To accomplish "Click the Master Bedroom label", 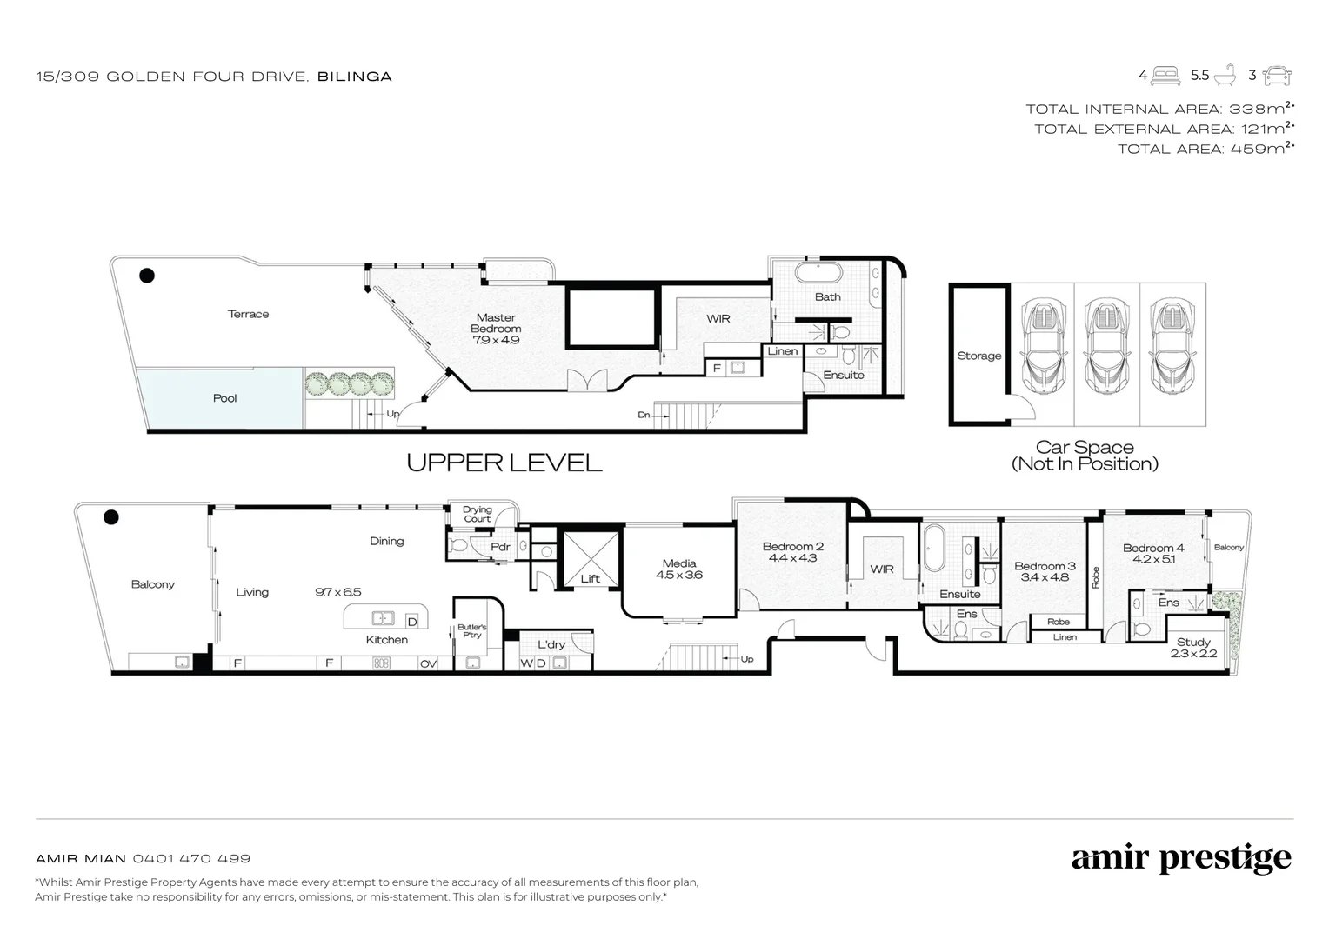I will click(x=496, y=323).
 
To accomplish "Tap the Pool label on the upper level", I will click(x=224, y=398).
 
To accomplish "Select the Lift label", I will click(x=590, y=578).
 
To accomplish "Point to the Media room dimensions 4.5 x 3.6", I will click(x=678, y=575).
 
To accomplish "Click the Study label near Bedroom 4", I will click(x=1193, y=642).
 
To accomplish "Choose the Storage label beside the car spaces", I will click(x=978, y=356).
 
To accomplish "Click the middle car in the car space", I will click(x=1106, y=346).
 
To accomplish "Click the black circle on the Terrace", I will click(x=147, y=276).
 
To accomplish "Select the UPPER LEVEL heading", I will click(x=504, y=463).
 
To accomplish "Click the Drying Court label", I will click(x=477, y=514).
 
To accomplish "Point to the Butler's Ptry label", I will click(x=471, y=630).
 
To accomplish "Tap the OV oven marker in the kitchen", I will click(x=428, y=663).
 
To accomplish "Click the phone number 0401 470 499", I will click(x=191, y=858).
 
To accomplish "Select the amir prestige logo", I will click(x=1180, y=859).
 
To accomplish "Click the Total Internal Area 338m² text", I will click(x=1159, y=109).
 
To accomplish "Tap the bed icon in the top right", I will click(x=1165, y=76).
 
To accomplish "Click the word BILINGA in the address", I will click(x=354, y=77).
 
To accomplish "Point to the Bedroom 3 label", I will click(x=1044, y=566).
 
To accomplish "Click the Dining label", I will click(x=386, y=541).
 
